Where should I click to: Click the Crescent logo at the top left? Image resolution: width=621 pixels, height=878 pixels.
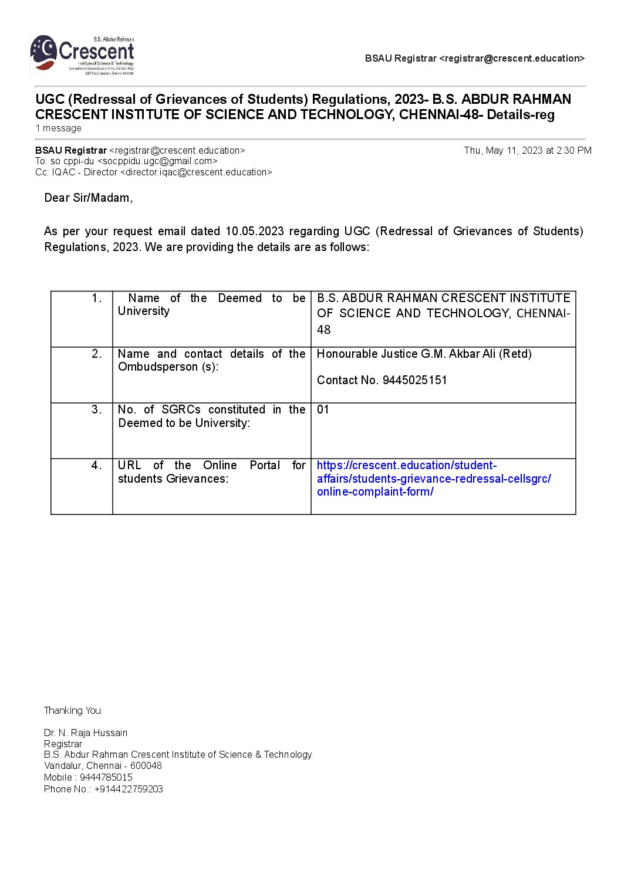click(x=82, y=56)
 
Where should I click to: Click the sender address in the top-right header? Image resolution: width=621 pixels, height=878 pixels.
click(x=511, y=59)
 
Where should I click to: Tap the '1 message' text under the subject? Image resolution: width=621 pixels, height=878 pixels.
click(x=58, y=128)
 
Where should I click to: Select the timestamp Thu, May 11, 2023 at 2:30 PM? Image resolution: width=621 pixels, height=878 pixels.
click(x=527, y=151)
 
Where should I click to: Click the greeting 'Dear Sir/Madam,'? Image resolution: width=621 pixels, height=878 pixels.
click(x=89, y=198)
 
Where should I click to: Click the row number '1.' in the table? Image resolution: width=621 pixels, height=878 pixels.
click(x=97, y=299)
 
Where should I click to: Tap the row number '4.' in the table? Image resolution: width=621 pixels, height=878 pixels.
click(x=97, y=466)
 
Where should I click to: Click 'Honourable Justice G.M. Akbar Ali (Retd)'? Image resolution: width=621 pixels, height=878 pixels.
click(x=424, y=354)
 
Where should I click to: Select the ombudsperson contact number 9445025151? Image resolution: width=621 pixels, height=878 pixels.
click(x=414, y=381)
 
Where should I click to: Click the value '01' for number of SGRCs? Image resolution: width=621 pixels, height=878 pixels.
click(x=323, y=410)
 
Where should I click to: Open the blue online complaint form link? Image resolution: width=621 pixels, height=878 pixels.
click(x=433, y=479)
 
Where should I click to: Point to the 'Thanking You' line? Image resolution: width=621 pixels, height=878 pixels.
click(x=72, y=711)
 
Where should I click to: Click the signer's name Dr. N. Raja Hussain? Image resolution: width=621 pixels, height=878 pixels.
click(x=86, y=733)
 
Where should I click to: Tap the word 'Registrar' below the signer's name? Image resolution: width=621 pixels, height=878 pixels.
click(x=63, y=744)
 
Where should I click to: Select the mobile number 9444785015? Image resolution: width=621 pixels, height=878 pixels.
click(x=106, y=778)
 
